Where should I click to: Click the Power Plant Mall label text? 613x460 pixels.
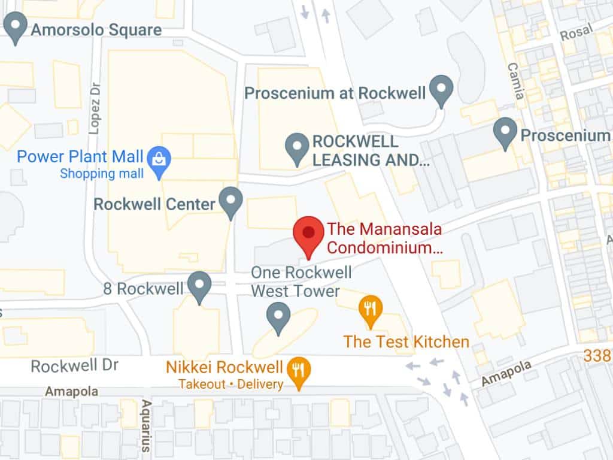(x=80, y=158)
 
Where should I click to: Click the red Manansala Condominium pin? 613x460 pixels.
(x=308, y=235)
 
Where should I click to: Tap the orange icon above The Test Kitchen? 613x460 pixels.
(x=371, y=310)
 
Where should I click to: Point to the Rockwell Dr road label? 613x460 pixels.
(x=75, y=365)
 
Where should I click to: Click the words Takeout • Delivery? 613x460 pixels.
(x=230, y=384)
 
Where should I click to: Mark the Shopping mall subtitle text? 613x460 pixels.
(x=102, y=174)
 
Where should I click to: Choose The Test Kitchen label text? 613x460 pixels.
(x=406, y=342)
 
